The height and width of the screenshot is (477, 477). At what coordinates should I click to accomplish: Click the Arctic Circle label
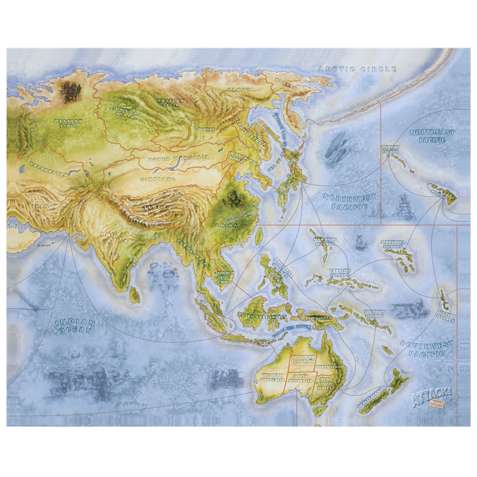click(x=357, y=69)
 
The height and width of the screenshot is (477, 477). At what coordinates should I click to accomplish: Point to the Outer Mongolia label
click(x=179, y=158)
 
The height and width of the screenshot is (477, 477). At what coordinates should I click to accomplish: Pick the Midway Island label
click(x=390, y=150)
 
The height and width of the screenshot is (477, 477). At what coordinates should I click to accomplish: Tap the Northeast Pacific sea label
click(x=433, y=136)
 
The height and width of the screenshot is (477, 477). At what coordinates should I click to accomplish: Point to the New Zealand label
click(x=371, y=399)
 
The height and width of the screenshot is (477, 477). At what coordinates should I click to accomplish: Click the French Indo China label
click(x=226, y=278)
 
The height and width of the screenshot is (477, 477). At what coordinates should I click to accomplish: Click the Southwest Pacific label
click(x=425, y=349)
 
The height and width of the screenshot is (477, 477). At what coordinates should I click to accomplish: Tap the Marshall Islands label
click(x=393, y=244)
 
